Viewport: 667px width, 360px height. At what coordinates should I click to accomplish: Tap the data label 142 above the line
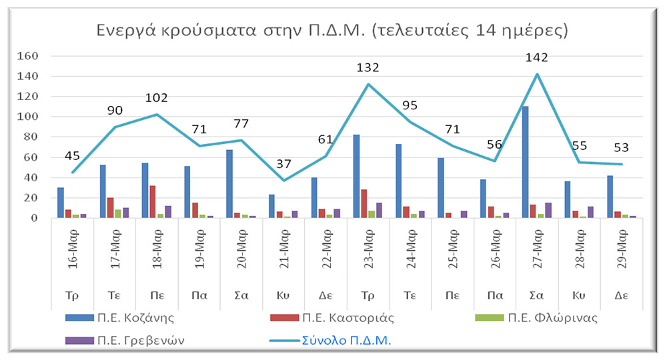536,57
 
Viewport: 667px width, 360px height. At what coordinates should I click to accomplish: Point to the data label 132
368,67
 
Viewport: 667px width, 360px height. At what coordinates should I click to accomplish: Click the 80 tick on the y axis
32,137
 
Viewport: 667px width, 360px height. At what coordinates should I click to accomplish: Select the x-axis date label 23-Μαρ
368,255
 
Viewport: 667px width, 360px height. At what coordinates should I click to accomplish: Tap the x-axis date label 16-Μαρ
73,255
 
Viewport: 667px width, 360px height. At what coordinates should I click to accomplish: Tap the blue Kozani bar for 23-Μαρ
356,176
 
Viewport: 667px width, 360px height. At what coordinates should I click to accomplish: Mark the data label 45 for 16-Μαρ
73,156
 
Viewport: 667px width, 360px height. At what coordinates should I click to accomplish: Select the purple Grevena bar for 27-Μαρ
549,210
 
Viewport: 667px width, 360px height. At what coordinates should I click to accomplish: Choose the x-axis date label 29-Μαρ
622,255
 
